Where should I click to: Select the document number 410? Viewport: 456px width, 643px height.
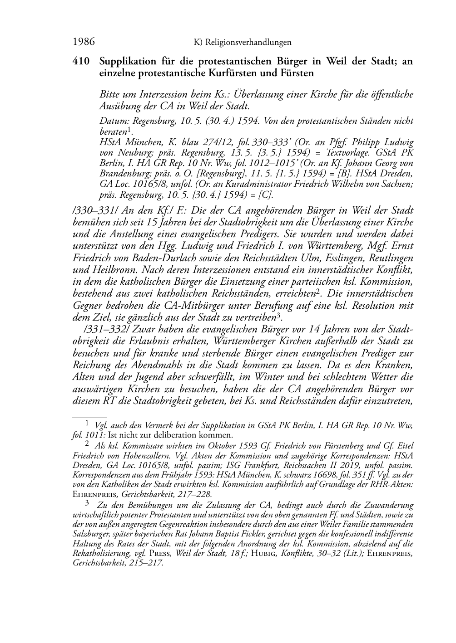pyautogui.click(x=82, y=61)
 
